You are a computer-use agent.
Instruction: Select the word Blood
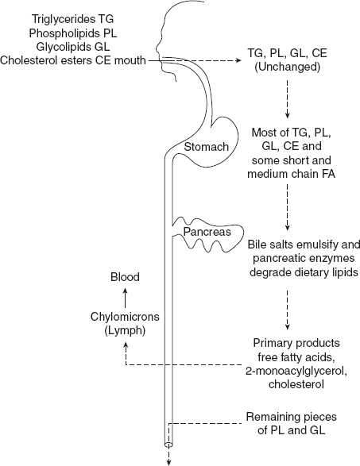tap(125, 277)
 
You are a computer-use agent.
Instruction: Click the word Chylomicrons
tap(125, 318)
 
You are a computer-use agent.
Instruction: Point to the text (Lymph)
tap(125, 331)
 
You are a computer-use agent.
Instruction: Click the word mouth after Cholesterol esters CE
tap(129, 60)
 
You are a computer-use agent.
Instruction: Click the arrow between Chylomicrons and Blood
tap(125, 297)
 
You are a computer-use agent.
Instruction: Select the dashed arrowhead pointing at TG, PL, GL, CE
tap(239, 60)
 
